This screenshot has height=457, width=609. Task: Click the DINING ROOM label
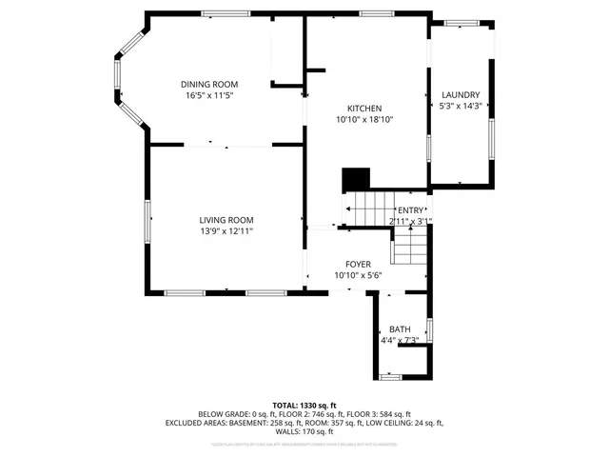209,84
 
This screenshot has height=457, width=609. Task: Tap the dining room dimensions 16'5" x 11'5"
209,96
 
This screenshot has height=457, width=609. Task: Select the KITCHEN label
364,108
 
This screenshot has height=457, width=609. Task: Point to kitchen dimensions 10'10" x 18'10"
364,120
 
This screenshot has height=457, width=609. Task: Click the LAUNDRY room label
461,94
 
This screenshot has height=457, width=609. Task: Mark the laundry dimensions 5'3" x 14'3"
461,107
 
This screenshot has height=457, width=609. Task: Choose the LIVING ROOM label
226,219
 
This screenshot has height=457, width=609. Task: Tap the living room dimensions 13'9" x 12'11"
226,231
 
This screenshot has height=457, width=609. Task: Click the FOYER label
358,264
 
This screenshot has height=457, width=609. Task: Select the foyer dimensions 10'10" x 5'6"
358,276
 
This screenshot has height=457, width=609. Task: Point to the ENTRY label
411,210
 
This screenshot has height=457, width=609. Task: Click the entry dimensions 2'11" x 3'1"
411,222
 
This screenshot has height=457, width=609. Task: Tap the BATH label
400,328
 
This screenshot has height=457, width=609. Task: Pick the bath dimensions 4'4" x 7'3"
400,340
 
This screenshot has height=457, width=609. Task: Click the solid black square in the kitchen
356,179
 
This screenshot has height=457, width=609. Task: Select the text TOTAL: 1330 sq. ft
304,405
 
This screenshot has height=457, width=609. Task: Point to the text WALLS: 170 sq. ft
304,431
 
